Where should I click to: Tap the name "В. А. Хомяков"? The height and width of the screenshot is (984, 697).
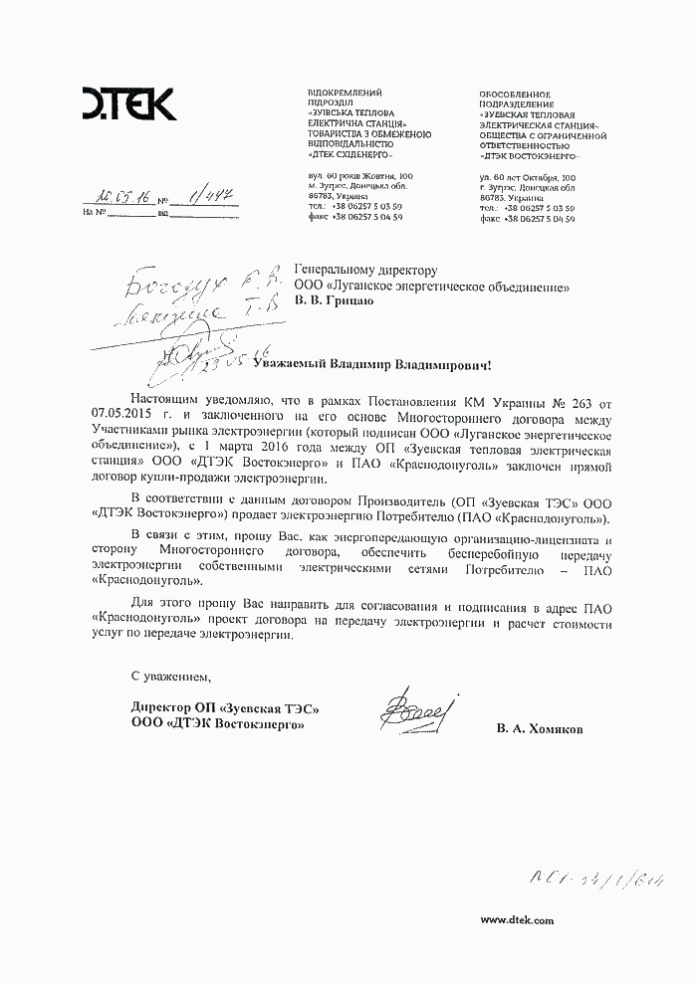[x=541, y=729]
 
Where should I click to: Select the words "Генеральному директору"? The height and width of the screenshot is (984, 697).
[x=366, y=270]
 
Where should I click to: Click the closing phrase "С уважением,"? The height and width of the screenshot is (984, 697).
[x=172, y=678]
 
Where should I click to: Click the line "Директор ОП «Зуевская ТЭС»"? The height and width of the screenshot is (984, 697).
[x=216, y=708]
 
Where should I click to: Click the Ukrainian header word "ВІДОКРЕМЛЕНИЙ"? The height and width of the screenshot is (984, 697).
[x=346, y=93]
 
